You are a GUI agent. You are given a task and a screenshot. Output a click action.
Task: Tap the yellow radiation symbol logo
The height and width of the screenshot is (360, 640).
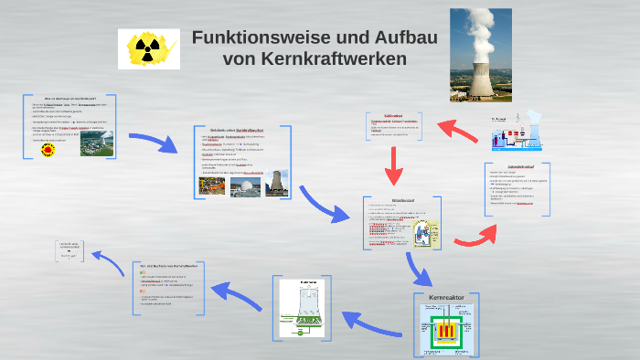[148, 48]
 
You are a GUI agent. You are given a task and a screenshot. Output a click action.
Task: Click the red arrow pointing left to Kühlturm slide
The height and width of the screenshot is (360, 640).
[457, 130]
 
